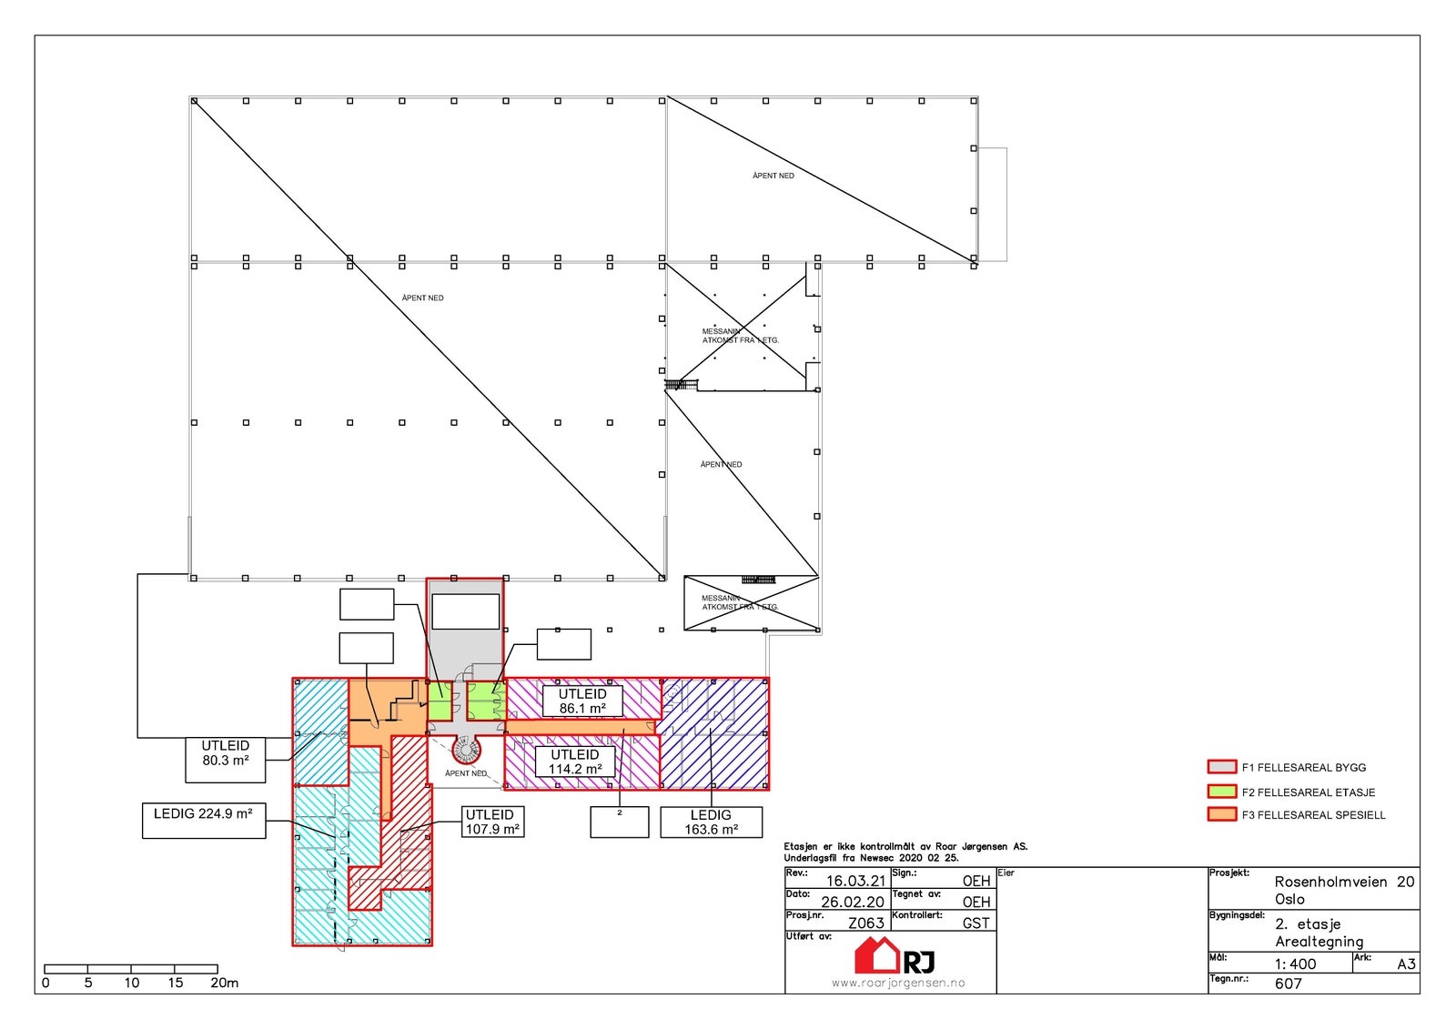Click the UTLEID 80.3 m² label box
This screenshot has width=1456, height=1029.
coord(226,759)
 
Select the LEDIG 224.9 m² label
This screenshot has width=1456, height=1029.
coord(204,819)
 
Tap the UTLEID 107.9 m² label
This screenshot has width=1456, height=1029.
coord(492,822)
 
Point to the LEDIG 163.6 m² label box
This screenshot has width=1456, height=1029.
coord(711,822)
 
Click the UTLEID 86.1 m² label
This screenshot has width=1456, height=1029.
coord(582,701)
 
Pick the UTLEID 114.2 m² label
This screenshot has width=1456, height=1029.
coord(575,762)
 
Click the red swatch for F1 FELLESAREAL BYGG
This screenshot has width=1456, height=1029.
coord(1221,767)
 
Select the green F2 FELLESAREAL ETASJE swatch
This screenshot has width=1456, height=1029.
coord(1221,792)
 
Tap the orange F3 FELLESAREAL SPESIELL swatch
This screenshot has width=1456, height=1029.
coord(1221,814)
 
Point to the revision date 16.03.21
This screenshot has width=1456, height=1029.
coord(854,881)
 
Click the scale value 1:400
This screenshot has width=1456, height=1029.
coord(1295,964)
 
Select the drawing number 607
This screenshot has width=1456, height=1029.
coord(1288,984)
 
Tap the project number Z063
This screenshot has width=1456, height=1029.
coord(865,923)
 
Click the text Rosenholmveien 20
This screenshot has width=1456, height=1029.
coord(1343,882)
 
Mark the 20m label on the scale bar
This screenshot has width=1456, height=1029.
coord(225,983)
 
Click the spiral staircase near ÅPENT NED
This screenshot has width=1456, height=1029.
coord(466,750)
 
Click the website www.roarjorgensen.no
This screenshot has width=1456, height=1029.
coord(898,983)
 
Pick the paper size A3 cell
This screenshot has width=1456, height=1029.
coord(1406,964)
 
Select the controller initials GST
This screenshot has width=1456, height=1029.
coord(976,923)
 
